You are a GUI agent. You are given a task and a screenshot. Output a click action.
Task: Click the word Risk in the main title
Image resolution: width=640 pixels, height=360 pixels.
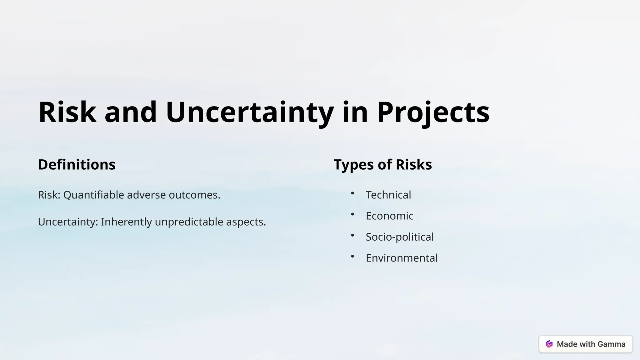click(67, 112)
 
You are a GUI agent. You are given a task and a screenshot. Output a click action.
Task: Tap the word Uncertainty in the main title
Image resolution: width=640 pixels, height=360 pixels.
click(249, 112)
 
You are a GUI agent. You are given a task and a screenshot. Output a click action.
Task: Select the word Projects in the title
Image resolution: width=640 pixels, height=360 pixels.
click(433, 112)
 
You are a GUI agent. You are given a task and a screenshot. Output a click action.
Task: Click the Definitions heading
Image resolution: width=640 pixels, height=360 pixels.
click(77, 165)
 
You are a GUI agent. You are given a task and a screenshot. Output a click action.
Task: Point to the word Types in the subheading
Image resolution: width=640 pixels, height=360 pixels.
click(354, 165)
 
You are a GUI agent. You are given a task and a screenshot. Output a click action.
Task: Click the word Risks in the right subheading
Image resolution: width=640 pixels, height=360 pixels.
click(414, 165)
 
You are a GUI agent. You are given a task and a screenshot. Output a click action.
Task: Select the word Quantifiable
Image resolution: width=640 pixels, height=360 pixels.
click(93, 195)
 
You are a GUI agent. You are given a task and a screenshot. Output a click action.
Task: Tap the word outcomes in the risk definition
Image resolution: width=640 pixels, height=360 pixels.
click(194, 195)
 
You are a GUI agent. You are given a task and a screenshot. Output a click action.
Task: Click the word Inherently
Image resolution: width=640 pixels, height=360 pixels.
click(126, 222)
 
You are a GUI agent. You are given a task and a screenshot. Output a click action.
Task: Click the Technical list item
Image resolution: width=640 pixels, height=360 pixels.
click(388, 195)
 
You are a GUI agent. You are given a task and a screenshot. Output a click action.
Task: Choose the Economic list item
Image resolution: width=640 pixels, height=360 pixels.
click(389, 216)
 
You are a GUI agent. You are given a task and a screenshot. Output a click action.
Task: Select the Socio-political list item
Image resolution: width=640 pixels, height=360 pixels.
click(399, 237)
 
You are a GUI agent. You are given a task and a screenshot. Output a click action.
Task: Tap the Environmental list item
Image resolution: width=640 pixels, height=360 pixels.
click(402, 258)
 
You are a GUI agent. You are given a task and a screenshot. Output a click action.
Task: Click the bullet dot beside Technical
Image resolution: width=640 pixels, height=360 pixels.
click(352, 193)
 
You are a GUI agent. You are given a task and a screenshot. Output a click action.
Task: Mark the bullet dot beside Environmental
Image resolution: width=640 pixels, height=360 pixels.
click(352, 257)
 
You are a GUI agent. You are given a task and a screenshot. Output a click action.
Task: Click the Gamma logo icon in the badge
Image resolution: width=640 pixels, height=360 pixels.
click(549, 344)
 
